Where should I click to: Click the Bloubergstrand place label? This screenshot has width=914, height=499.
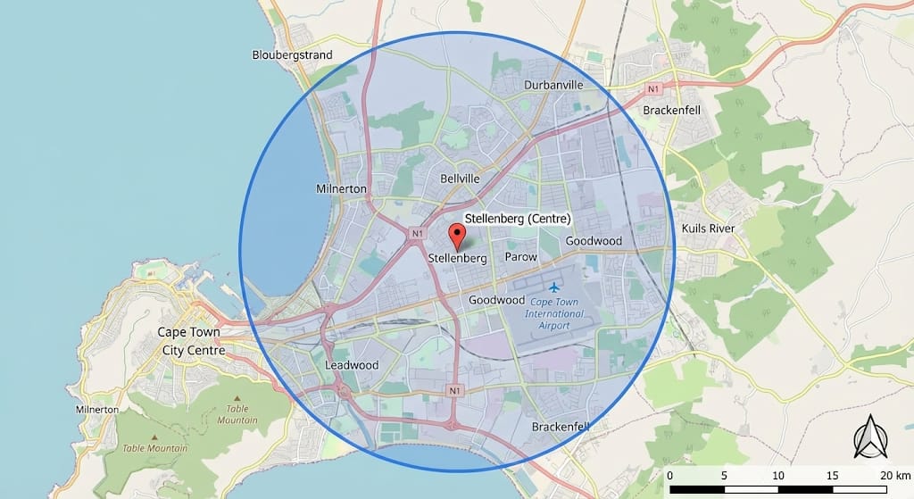292,55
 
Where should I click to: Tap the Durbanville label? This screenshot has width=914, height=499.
553,85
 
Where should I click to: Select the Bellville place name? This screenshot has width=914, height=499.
460,179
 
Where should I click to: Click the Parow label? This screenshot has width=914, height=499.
521,257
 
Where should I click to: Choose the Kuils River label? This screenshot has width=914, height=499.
708,229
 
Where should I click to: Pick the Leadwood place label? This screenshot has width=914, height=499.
352,365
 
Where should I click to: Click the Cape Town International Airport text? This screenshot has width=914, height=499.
554,314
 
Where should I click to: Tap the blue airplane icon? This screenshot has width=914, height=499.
554,287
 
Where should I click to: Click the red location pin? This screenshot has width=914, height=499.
457,236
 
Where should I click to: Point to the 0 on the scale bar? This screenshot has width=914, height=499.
669,474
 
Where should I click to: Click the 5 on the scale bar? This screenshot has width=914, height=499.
724,474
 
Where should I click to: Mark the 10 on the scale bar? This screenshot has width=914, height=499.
778,474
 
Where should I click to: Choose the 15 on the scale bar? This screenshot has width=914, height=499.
832,474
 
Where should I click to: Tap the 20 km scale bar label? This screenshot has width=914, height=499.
893,474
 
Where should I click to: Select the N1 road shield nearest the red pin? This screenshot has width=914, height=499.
417,234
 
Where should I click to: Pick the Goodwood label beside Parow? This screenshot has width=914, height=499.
594,241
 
